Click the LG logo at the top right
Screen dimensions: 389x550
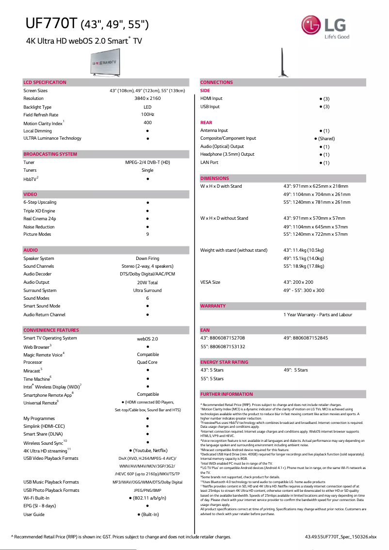point(324,27)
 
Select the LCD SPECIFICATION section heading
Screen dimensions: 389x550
point(45,82)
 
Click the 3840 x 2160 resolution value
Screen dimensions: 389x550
point(147,98)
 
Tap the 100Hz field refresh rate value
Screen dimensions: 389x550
point(147,114)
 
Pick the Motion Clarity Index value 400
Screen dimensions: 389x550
point(147,123)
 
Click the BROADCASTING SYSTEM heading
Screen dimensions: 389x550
point(50,154)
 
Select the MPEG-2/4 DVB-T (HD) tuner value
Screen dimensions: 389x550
point(147,162)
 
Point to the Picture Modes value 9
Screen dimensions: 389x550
point(147,234)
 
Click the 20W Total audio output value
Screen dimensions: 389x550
point(147,282)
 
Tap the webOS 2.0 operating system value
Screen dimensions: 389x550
point(147,339)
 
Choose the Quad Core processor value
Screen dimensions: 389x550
point(147,362)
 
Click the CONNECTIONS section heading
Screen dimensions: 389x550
point(216,82)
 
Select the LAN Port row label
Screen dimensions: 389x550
point(210,162)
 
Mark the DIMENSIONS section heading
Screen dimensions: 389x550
point(214,178)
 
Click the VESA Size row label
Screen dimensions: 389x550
point(211,282)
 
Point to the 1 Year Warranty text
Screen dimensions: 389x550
point(318,315)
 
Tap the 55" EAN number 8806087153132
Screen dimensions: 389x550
point(223,346)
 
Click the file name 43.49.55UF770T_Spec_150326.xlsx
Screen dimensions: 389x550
point(340,537)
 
